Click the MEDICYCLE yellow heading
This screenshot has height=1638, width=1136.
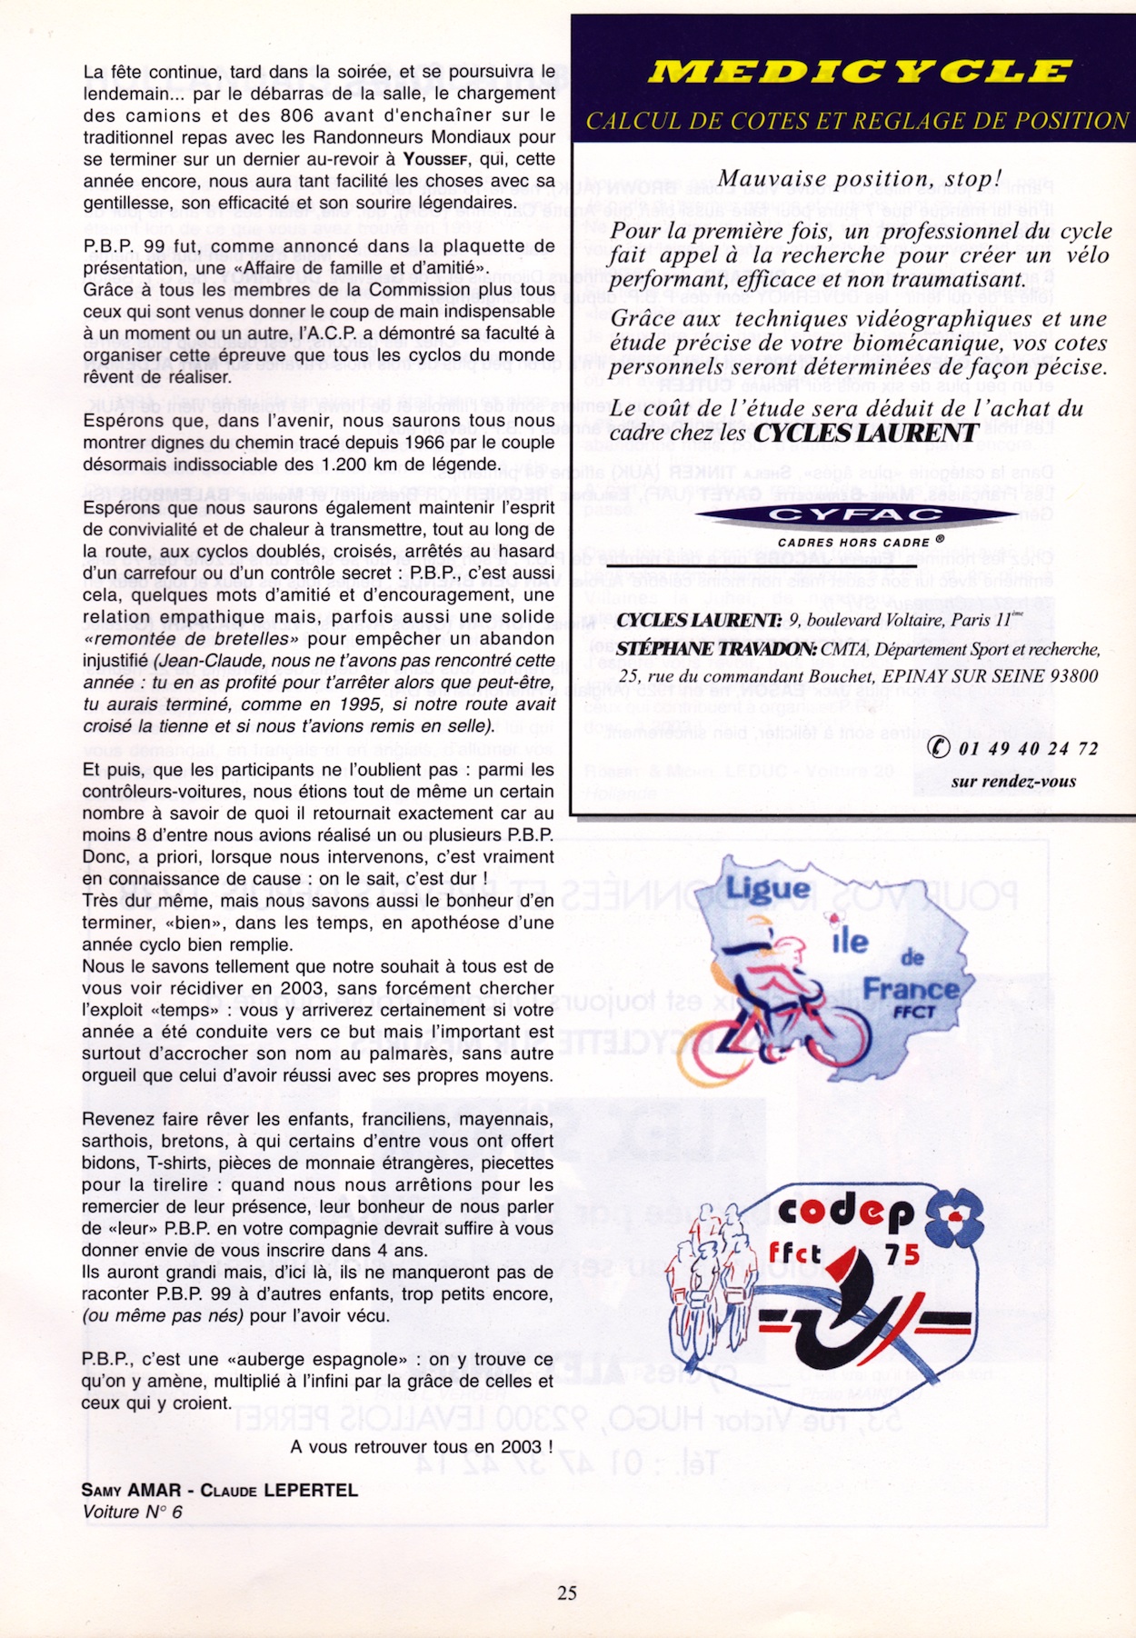point(859,72)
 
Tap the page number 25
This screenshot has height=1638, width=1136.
point(567,1593)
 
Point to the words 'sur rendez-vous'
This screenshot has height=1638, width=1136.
point(1013,781)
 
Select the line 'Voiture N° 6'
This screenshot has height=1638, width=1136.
point(133,1512)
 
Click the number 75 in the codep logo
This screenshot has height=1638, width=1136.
point(902,1254)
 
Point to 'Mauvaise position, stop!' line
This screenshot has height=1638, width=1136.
point(859,179)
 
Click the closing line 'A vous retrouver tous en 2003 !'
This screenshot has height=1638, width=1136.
point(422,1446)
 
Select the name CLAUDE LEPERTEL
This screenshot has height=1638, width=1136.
point(279,1490)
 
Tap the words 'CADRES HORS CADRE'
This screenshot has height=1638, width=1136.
point(853,542)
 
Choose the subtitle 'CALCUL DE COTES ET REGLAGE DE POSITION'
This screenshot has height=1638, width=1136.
point(857,121)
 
